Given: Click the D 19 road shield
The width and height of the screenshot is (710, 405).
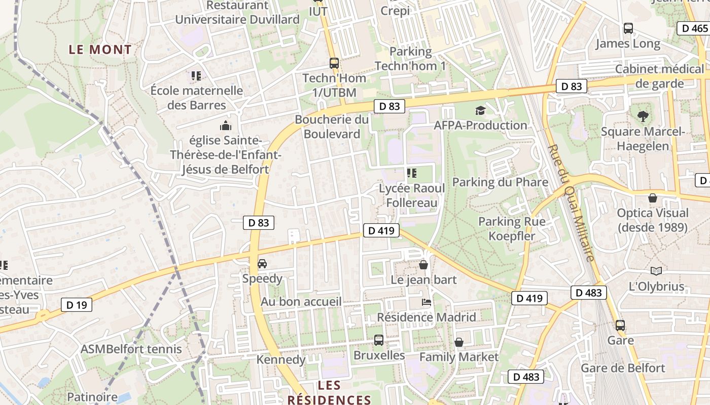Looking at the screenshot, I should pos(77,304).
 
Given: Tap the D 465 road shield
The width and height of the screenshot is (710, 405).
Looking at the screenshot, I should pos(694,28).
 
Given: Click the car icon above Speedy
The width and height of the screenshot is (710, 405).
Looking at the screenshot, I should pos(262,264).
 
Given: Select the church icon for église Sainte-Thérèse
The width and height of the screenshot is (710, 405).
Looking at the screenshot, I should pos(225,125).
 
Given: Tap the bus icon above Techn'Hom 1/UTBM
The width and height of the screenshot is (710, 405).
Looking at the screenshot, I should pos(334,63).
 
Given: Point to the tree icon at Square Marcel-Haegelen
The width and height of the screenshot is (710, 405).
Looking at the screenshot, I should pos(643,116).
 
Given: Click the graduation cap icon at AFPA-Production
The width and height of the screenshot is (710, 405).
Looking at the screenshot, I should pos(480,110).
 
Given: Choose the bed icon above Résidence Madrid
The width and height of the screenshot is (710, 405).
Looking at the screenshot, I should pos(427,302).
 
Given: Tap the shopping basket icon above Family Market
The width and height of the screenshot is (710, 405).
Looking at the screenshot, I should pos(459,342).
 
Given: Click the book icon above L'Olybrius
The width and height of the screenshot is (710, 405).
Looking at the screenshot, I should pos(656,271).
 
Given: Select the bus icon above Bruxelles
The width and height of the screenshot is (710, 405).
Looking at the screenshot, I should pos(379,340).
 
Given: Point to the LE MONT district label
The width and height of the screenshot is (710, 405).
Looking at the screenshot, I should pos(100,50).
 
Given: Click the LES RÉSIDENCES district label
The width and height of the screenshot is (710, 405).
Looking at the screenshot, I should pos(329,392).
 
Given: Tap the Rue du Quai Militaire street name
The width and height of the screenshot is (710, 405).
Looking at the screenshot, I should pos(571,202).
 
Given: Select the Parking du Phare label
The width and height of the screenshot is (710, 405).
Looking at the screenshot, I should pos(500,182).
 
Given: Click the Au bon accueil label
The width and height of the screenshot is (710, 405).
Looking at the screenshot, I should pos(301,302).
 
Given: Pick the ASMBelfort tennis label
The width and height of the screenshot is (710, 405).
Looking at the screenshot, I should pos(131,349).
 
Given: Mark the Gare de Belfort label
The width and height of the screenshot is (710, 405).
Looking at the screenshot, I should pos(623,368).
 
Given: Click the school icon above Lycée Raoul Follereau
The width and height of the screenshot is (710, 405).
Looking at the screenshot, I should pos(412,174).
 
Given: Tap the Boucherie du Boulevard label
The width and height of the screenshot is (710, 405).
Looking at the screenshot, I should pos(332,127).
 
